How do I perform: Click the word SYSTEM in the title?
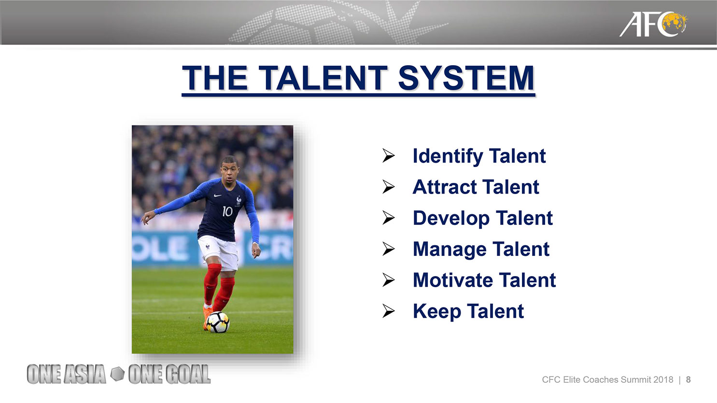466,78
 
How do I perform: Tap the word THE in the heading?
215,78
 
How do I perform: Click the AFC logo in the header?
653,24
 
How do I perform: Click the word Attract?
444,187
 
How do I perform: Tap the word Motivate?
453,280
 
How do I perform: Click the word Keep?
437,311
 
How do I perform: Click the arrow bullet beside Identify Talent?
388,155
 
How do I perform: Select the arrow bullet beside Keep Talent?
388,311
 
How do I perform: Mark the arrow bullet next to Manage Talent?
388,249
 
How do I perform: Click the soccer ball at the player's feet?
218,322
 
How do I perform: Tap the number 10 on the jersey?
227,211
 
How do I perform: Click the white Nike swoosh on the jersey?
217,195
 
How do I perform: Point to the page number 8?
688,380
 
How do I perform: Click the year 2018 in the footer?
663,380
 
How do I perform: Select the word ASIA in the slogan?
84,374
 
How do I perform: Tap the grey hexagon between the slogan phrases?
117,374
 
